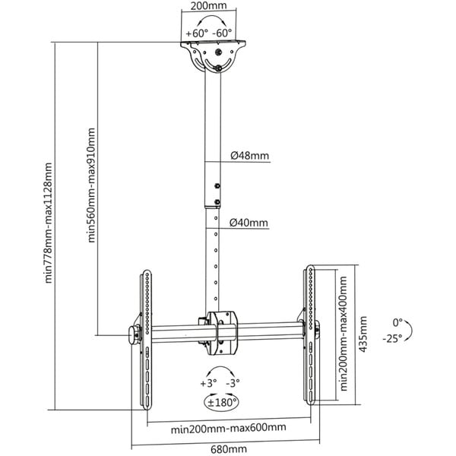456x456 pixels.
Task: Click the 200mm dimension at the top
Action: [x=208, y=6]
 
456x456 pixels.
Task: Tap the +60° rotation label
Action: [x=197, y=33]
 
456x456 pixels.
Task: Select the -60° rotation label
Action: [x=222, y=33]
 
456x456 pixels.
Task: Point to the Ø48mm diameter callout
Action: [x=250, y=156]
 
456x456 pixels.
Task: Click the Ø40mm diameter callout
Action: [x=249, y=223]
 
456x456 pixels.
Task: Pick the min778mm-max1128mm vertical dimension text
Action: [x=48, y=223]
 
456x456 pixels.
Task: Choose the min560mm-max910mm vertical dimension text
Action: [x=91, y=185]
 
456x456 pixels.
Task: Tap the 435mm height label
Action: [x=363, y=334]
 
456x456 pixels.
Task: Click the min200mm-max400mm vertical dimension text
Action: [x=344, y=334]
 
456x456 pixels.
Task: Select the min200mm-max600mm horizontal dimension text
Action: [x=228, y=428]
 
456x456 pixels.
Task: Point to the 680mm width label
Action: [x=229, y=449]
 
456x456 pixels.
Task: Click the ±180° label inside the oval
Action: [x=222, y=403]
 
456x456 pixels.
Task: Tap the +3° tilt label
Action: [x=208, y=383]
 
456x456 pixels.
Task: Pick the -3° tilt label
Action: [x=233, y=383]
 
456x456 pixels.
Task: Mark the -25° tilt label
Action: [x=392, y=339]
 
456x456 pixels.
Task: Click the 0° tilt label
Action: [x=397, y=322]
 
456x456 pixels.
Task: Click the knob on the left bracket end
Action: [x=134, y=335]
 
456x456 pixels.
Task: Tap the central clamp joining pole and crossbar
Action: [x=222, y=333]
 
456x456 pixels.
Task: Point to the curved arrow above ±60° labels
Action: [x=212, y=17]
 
